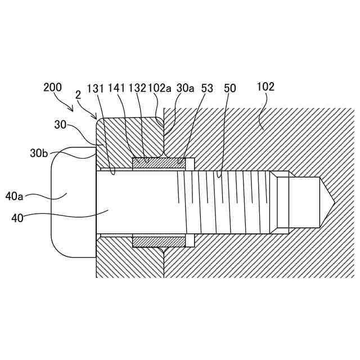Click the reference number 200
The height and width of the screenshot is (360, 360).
pos(53,87)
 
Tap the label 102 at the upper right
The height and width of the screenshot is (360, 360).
pos(265,87)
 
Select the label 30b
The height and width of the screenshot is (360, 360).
pos(40,153)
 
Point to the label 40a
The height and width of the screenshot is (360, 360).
pos(15,196)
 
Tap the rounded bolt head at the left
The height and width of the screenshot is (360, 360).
pos(73,202)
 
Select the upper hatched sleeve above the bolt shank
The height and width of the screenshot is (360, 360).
pos(159,163)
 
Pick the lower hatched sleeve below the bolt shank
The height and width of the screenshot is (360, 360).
pos(159,241)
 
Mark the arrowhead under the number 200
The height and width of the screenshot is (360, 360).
pos(72,108)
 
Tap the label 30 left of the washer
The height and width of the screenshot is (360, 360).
pos(62,124)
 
